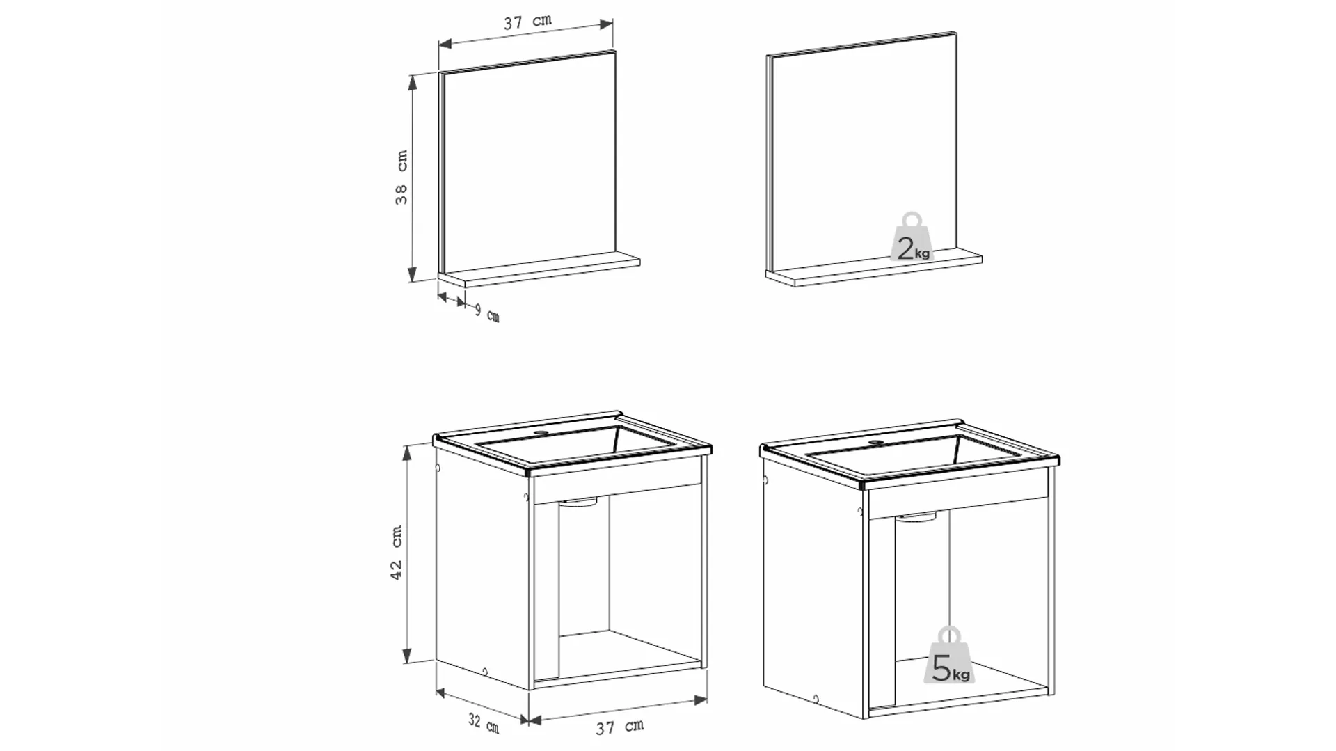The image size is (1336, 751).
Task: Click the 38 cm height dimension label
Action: tap(401, 177)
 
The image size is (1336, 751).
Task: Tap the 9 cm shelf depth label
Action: tap(487, 313)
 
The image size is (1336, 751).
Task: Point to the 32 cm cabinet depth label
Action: tap(484, 723)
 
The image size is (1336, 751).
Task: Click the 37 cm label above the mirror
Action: tap(528, 22)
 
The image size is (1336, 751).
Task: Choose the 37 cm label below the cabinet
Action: tap(620, 727)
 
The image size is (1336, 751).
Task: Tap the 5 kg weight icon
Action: tap(950, 656)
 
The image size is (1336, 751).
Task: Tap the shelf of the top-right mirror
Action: tap(874, 269)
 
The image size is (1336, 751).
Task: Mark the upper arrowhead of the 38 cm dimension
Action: tap(412, 83)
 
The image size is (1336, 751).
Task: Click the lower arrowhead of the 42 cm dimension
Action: tap(408, 655)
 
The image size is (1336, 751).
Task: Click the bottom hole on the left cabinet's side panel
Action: tap(485, 672)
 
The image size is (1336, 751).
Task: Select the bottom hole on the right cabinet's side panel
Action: tap(816, 698)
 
